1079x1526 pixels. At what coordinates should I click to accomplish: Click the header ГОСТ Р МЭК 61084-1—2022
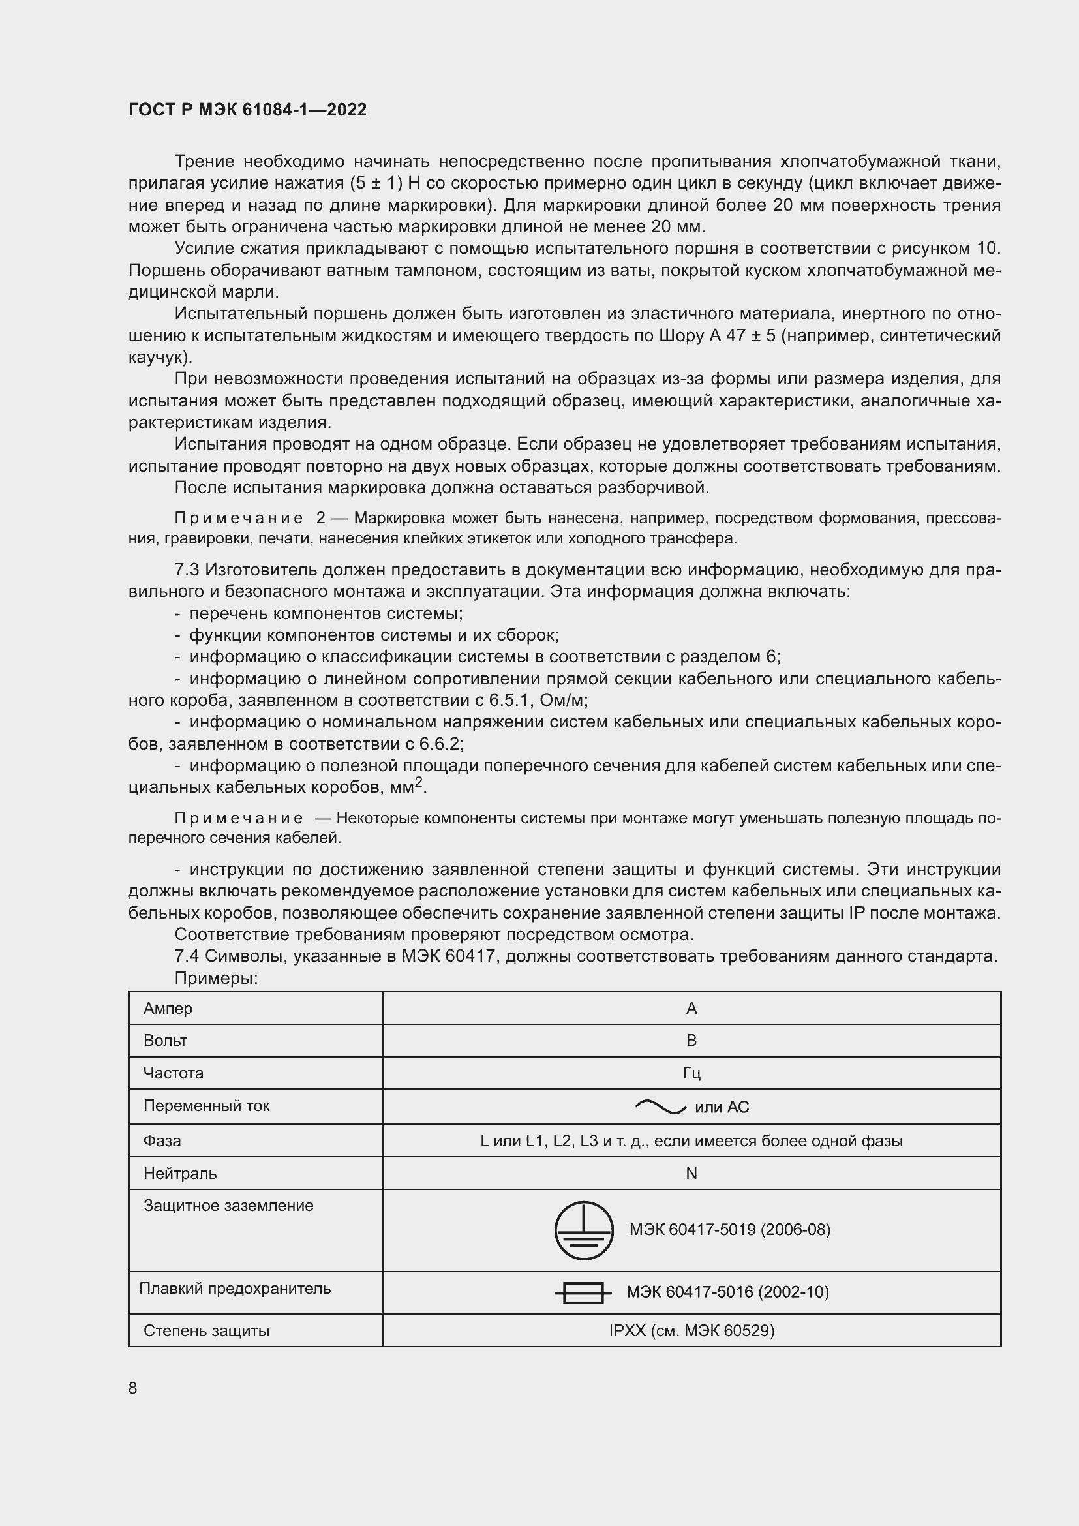point(247,110)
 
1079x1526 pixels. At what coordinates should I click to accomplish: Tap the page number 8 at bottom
point(133,1388)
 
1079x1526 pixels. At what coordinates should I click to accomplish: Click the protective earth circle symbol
point(583,1230)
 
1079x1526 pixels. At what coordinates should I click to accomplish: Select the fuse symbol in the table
point(583,1292)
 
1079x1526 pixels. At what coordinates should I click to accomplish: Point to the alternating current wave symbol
point(660,1106)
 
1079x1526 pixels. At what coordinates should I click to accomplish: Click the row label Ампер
point(168,1008)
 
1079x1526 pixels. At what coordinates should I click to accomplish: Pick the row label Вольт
point(165,1040)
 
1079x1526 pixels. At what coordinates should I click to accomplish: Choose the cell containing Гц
point(691,1073)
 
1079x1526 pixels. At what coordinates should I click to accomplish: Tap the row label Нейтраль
point(180,1173)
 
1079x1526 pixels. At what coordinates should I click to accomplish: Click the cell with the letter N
point(691,1173)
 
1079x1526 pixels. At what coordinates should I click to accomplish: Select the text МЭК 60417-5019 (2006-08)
point(729,1230)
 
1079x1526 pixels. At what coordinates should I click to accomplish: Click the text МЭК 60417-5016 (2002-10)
point(727,1292)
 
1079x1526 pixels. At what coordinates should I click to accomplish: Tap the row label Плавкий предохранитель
point(235,1288)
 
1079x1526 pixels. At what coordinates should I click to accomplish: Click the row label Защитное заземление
point(228,1206)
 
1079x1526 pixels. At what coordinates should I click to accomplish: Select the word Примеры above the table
point(215,979)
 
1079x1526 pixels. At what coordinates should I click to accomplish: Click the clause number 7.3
point(187,570)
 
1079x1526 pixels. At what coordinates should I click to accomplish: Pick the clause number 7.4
point(187,956)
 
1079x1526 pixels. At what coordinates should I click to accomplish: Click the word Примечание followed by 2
point(239,519)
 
